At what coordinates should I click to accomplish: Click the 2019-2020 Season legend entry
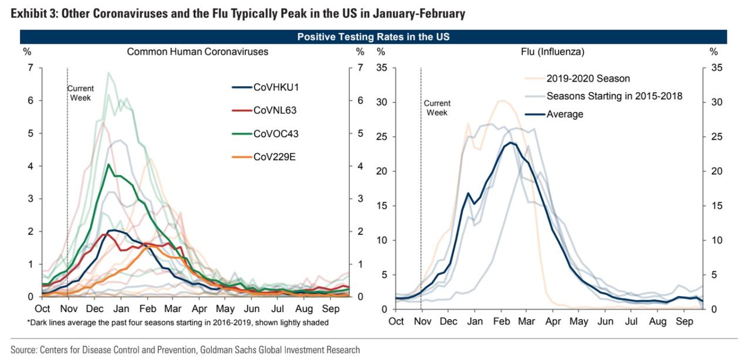(x=588, y=79)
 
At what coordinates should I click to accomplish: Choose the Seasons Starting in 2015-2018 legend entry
(x=614, y=96)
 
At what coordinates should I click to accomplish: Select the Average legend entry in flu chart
(x=564, y=114)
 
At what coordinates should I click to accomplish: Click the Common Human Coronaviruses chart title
(x=197, y=52)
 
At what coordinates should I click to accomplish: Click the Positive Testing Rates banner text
(x=373, y=37)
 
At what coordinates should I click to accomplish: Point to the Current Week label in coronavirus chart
(x=80, y=93)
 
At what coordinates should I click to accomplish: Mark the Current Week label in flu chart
(x=437, y=108)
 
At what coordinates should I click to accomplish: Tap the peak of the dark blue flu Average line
(x=510, y=142)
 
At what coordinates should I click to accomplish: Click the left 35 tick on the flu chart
(x=381, y=68)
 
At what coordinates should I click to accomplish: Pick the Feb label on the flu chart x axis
(x=501, y=321)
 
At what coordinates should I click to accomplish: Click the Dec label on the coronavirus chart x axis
(x=94, y=308)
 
